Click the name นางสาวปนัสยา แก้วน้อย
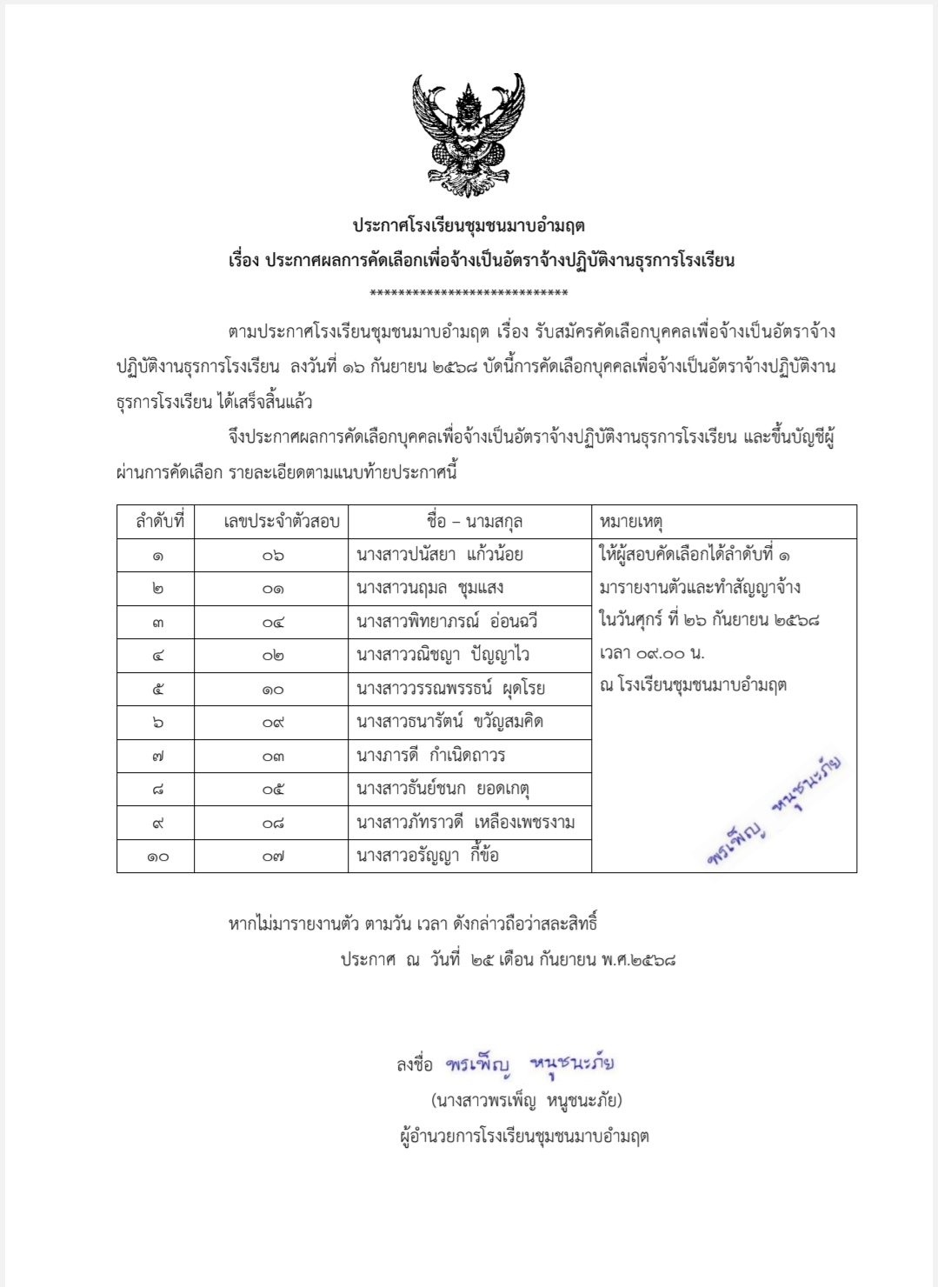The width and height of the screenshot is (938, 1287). (x=440, y=555)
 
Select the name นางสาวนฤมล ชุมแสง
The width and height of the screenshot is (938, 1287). (x=430, y=589)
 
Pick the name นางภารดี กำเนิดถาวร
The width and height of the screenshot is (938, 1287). (x=430, y=756)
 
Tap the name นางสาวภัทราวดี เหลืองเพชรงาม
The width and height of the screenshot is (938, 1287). (x=466, y=823)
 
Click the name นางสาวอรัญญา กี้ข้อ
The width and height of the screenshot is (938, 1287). (x=428, y=856)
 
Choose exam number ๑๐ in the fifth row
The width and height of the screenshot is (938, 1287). (x=273, y=690)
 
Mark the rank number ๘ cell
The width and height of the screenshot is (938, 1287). (x=157, y=790)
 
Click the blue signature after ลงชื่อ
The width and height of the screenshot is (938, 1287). (x=530, y=1064)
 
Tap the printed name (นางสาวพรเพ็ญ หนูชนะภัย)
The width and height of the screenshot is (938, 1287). (x=527, y=1101)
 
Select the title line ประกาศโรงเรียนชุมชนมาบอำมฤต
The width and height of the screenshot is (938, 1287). (x=469, y=226)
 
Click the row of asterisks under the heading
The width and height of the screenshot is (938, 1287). (x=469, y=293)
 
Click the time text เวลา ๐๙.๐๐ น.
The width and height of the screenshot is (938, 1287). (x=652, y=653)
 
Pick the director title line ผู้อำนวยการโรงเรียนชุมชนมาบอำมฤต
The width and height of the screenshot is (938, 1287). (x=524, y=1137)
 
